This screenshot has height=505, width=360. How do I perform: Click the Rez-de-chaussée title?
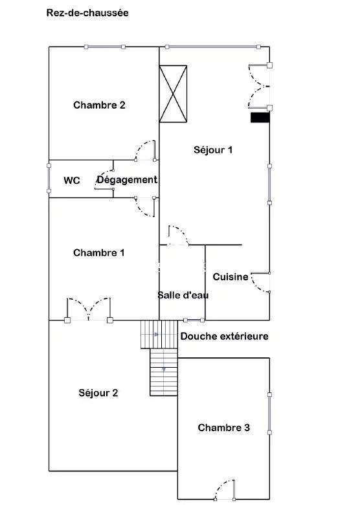pos(87,13)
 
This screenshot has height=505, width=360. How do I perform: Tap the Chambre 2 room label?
pos(99,105)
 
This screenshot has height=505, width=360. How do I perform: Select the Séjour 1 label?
pos(213,150)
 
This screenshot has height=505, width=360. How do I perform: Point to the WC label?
pos(71,181)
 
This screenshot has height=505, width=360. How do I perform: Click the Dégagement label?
pos(127,180)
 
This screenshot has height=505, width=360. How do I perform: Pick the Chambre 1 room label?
pos(99,252)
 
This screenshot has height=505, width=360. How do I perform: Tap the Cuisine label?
pos(231,276)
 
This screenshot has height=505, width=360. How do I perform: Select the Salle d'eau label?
pos(183,295)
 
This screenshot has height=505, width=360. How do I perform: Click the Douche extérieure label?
pos(225,336)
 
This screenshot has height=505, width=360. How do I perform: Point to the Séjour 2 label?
pos(98,393)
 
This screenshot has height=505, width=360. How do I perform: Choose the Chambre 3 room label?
pos(224,428)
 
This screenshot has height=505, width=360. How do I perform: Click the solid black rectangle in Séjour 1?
pos(260,117)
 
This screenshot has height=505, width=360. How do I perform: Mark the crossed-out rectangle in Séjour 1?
pos(174,94)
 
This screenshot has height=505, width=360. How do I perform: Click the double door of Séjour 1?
pos(259,86)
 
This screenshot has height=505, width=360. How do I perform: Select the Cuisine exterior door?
pos(260,282)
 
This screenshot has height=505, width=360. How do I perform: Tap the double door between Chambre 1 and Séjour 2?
pos(89,310)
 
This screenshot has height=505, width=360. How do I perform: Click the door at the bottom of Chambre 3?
pos(225,489)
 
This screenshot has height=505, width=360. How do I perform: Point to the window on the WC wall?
pos(49,178)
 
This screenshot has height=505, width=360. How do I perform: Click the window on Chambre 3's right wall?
pos(269,414)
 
